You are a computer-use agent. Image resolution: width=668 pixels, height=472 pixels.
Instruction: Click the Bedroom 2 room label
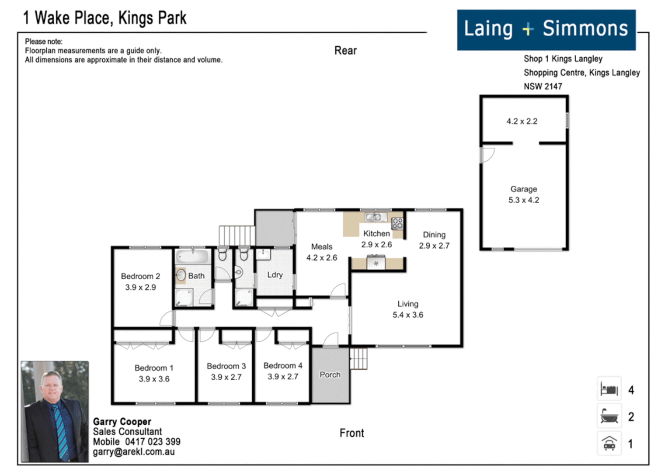pyautogui.click(x=140, y=276)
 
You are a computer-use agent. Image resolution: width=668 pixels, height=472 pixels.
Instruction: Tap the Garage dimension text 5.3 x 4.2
pyautogui.click(x=523, y=200)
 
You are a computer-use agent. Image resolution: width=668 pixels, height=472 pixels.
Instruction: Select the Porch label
pyautogui.click(x=330, y=375)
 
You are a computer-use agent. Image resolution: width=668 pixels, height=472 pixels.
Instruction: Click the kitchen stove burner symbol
pyautogui.click(x=397, y=224)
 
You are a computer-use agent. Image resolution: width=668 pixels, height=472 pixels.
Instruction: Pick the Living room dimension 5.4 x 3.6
pyautogui.click(x=407, y=315)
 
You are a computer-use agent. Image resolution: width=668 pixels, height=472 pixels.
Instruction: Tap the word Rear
pyautogui.click(x=345, y=51)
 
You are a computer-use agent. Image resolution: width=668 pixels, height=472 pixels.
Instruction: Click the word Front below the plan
pyautogui.click(x=351, y=433)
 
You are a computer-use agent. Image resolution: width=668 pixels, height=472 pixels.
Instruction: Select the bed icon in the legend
pyautogui.click(x=609, y=389)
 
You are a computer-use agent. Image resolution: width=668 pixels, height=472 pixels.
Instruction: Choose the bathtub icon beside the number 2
pyautogui.click(x=609, y=416)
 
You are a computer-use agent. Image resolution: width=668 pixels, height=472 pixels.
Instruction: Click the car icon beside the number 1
pyautogui.click(x=609, y=443)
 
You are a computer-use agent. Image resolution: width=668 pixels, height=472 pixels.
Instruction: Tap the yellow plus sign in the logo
pyautogui.click(x=528, y=29)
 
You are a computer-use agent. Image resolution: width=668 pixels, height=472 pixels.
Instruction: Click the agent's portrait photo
pyautogui.click(x=55, y=411)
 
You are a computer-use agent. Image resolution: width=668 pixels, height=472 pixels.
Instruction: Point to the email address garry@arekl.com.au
pyautogui.click(x=133, y=452)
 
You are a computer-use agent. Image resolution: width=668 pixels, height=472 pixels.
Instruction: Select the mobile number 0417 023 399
pyautogui.click(x=153, y=442)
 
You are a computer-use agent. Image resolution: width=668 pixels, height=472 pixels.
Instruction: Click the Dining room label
pyautogui.click(x=434, y=235)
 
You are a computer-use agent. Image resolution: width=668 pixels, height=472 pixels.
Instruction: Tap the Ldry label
pyautogui.click(x=275, y=275)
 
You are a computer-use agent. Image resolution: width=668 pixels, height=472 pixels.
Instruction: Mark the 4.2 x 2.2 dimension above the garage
pyautogui.click(x=522, y=121)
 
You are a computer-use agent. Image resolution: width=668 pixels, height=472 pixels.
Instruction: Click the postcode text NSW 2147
pyautogui.click(x=543, y=87)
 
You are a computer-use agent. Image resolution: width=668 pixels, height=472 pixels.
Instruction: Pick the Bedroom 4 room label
pyautogui.click(x=282, y=366)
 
